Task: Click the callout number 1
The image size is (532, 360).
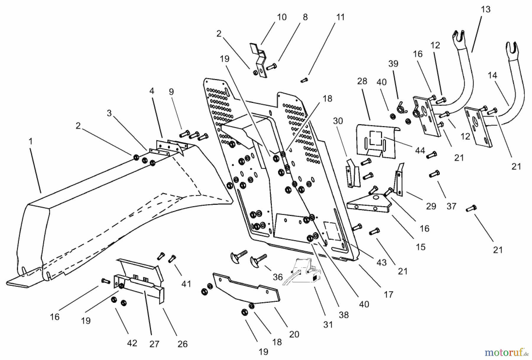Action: [x=30, y=142]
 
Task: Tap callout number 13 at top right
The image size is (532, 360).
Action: [x=485, y=9]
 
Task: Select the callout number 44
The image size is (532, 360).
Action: [x=420, y=151]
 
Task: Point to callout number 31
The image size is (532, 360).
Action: [x=328, y=325]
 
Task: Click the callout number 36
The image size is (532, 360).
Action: [x=278, y=277]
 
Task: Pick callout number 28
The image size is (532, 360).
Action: [x=362, y=81]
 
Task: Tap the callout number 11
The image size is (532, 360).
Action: [x=340, y=17]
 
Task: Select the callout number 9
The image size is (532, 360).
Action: [x=171, y=92]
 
